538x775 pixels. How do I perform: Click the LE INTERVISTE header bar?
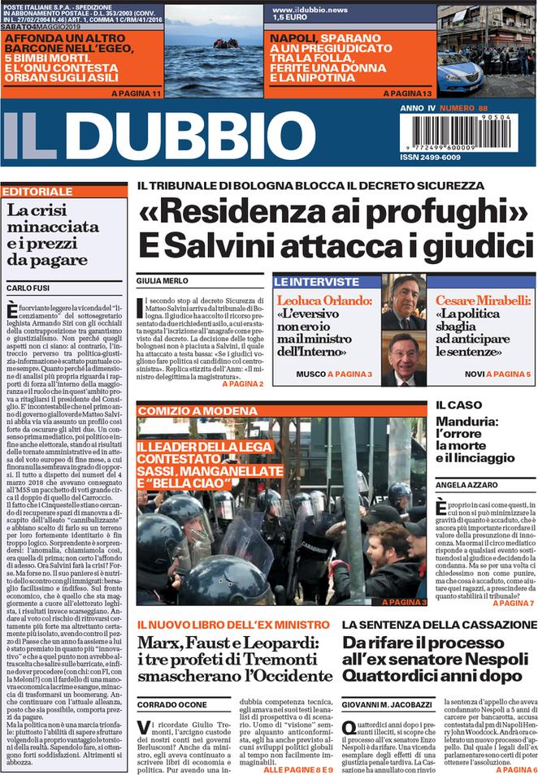317,282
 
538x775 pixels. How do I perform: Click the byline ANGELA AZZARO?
466,485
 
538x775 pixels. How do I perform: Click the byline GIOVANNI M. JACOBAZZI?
389,704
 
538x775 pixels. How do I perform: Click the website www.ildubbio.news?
311,9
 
